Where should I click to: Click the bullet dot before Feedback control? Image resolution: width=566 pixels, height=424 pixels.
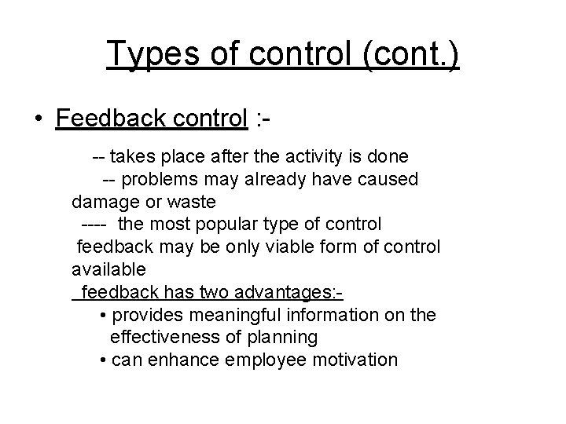[x=37, y=119]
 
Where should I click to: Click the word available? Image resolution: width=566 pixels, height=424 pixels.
[x=108, y=269]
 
